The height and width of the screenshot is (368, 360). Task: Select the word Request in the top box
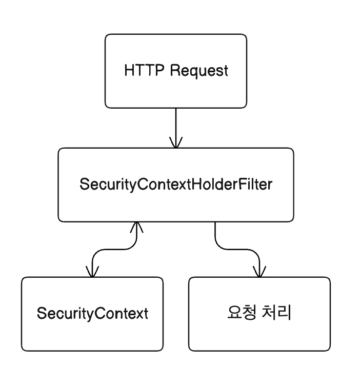click(199, 71)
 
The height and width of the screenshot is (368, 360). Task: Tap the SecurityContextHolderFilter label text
click(176, 185)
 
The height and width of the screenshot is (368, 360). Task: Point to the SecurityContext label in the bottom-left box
click(92, 314)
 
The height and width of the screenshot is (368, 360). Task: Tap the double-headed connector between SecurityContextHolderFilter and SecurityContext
click(114, 249)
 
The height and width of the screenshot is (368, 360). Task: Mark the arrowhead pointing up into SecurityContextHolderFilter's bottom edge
click(136, 227)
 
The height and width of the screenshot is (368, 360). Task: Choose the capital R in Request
click(175, 71)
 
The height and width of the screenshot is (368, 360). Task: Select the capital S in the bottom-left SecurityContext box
click(41, 314)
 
